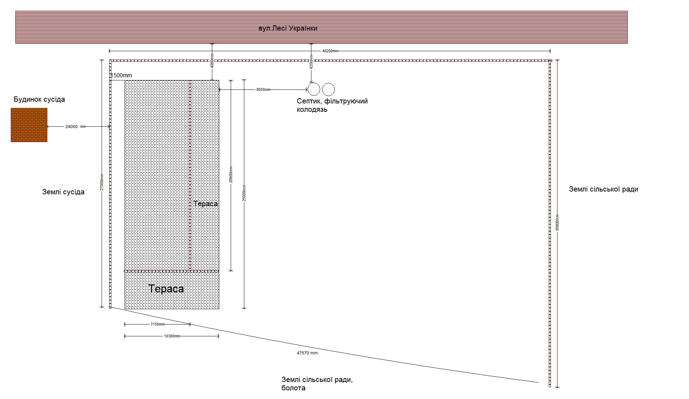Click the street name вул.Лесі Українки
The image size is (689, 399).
coord(288,28)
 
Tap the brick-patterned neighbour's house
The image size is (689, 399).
coord(29,125)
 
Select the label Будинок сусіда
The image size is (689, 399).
coord(39,99)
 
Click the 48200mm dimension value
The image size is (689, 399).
coord(330,51)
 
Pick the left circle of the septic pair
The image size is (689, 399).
coord(314,89)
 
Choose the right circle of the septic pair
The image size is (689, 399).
coord(328,89)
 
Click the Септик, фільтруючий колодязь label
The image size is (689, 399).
coord(332,105)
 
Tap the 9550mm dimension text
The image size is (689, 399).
coord(263,89)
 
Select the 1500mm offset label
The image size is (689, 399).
coord(121,75)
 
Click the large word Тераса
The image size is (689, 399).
coord(166,289)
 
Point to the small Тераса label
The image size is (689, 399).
coord(206,204)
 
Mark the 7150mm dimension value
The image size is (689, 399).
coord(157,324)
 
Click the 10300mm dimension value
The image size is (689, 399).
coord(172,336)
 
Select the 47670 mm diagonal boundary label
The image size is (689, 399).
coord(307,353)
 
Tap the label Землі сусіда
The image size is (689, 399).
coord(63,192)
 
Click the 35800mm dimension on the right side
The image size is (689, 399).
coord(557,223)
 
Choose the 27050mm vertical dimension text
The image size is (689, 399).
coord(102,182)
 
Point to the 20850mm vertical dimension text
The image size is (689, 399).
coord(231,175)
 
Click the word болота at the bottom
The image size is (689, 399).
coord(293,388)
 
